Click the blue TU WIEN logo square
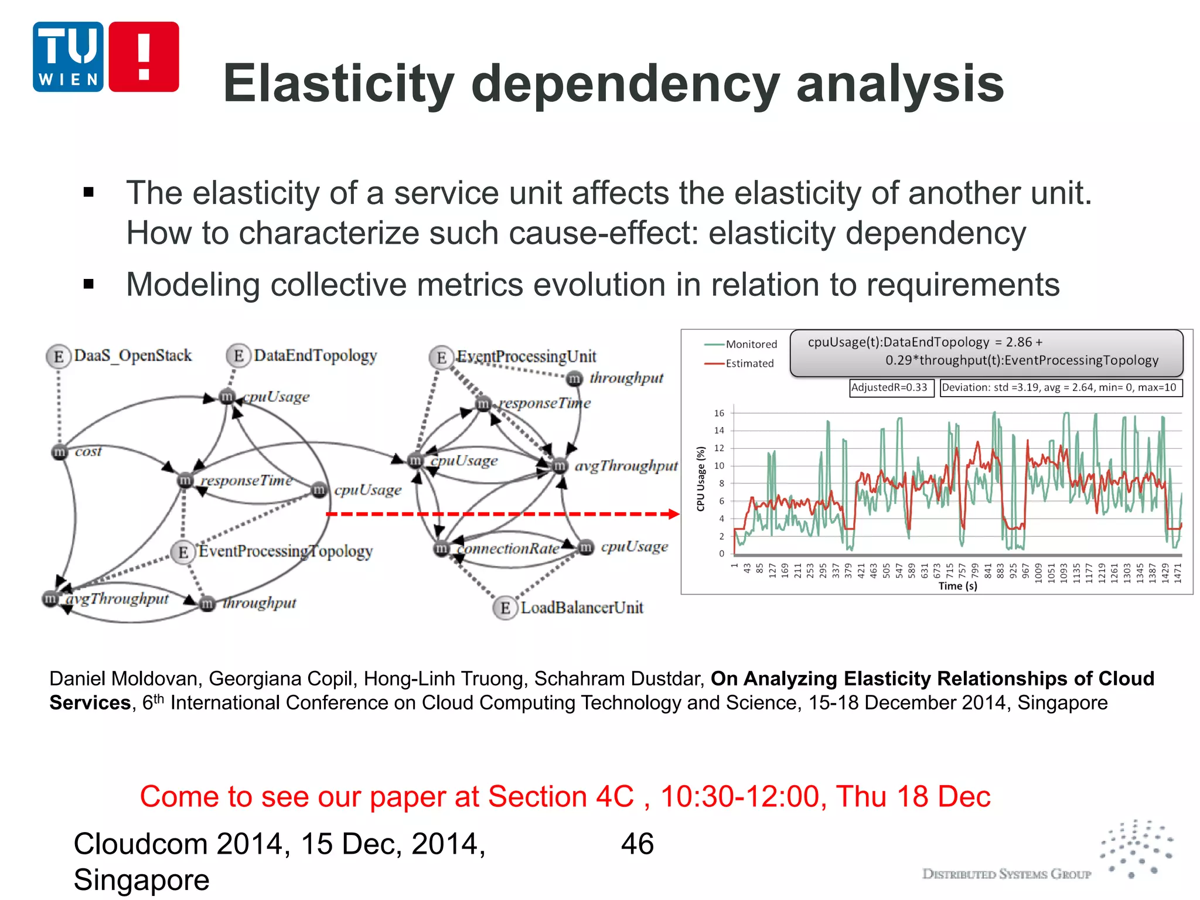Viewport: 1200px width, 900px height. [x=68, y=57]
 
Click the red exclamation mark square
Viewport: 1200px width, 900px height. [x=144, y=57]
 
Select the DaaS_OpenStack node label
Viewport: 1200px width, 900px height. [x=133, y=356]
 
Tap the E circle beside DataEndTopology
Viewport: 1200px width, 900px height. [x=238, y=356]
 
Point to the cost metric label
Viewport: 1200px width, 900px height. [x=88, y=451]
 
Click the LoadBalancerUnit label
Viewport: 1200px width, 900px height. [x=582, y=608]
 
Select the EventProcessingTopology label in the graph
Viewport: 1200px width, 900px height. [x=285, y=551]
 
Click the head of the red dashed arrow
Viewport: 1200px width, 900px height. [x=674, y=514]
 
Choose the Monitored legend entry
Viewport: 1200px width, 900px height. [x=751, y=345]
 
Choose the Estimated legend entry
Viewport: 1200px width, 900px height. [x=749, y=363]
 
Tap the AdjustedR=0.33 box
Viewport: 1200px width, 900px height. [x=889, y=387]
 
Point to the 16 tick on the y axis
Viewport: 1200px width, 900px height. [x=719, y=413]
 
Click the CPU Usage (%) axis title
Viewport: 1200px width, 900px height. [x=701, y=479]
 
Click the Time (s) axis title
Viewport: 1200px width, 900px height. [x=957, y=586]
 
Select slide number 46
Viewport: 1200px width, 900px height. [x=637, y=844]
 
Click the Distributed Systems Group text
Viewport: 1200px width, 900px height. [x=1006, y=874]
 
